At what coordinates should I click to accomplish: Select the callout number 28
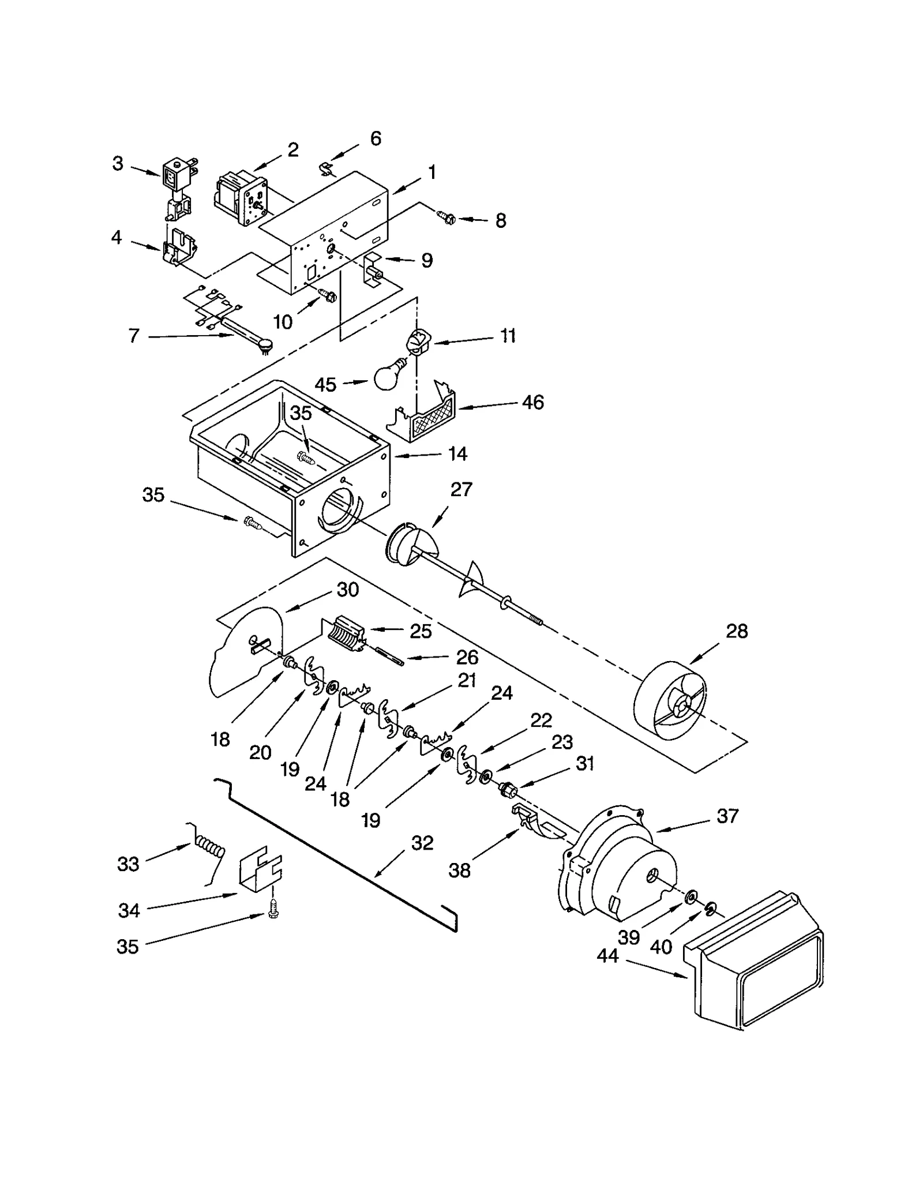point(737,631)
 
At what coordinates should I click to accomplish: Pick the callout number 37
point(727,816)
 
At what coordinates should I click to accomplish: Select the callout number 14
point(457,454)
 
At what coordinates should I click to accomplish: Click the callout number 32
point(422,843)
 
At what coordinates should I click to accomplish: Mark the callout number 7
point(134,336)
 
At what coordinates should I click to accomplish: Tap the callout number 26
point(467,657)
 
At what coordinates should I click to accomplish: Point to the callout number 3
point(118,164)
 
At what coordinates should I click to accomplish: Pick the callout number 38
point(460,870)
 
